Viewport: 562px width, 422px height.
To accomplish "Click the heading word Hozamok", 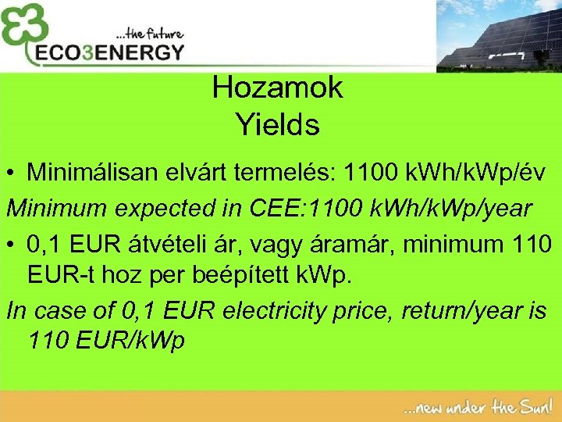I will (277, 88).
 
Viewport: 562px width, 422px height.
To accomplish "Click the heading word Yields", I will (277, 124).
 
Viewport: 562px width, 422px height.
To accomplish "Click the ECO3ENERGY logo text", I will (110, 52).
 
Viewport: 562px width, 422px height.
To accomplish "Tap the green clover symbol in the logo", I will (22, 27).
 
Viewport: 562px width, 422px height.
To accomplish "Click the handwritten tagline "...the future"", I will (148, 34).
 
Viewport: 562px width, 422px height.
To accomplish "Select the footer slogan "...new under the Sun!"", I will (477, 408).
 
